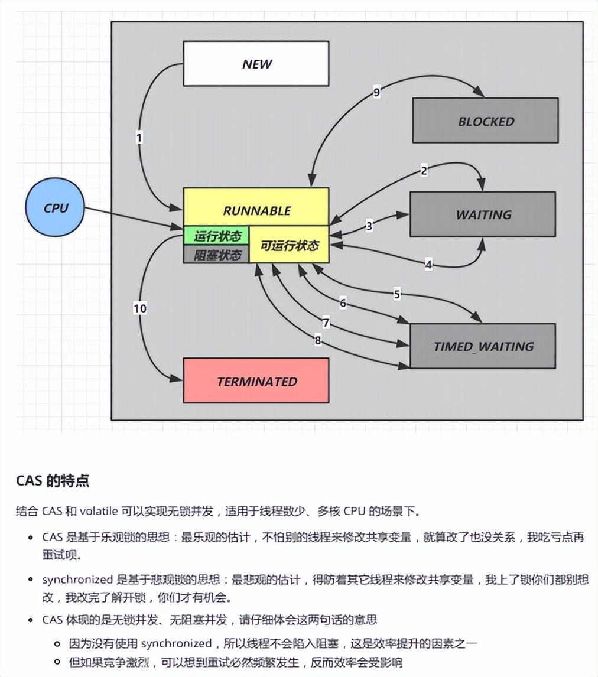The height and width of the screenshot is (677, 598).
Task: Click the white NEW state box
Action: [256, 64]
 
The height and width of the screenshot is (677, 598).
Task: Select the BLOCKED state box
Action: [485, 121]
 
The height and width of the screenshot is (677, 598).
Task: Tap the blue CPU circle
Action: [56, 208]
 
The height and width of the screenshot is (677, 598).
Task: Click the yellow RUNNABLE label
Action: [256, 210]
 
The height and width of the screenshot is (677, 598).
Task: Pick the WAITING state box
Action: [483, 214]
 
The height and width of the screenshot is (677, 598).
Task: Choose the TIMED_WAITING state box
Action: [483, 346]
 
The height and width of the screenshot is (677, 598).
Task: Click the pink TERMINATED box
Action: [256, 381]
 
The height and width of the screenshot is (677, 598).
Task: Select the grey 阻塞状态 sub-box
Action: [217, 255]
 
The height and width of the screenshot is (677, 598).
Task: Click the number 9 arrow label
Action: [376, 92]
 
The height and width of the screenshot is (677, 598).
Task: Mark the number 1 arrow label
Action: [139, 137]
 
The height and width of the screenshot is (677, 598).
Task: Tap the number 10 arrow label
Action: [140, 308]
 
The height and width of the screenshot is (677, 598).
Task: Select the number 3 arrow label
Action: [369, 225]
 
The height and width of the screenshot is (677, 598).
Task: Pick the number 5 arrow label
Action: [396, 294]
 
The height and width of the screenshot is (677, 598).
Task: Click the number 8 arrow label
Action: [317, 340]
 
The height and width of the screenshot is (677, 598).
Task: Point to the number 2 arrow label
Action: [424, 171]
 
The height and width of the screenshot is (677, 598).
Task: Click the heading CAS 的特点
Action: [53, 480]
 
